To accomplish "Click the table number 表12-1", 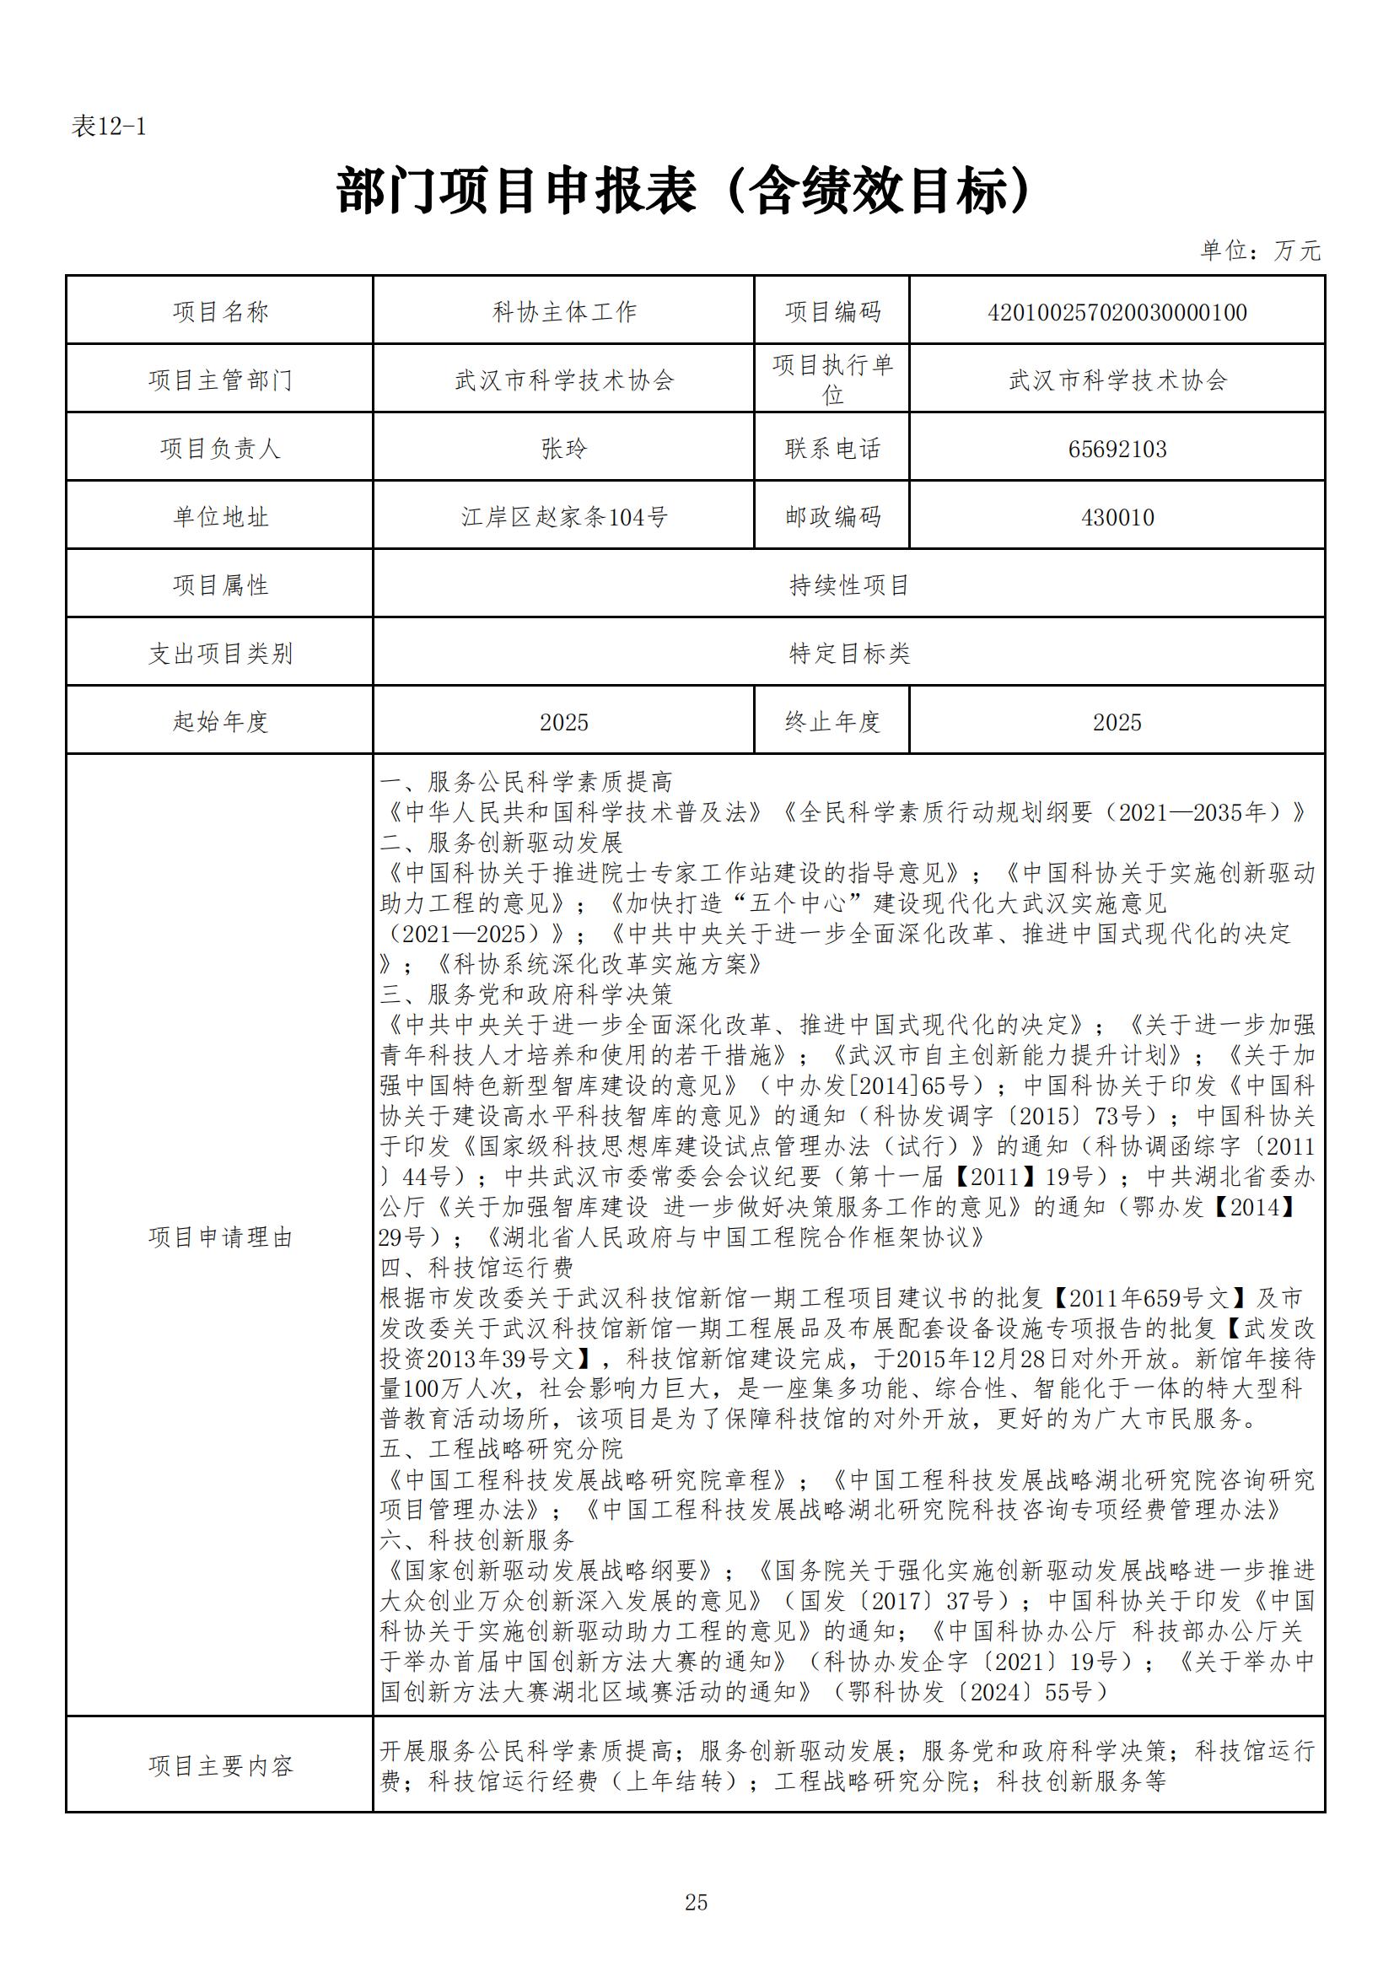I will [109, 127].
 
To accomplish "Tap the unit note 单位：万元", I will [1260, 251].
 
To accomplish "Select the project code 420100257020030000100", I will [1117, 312].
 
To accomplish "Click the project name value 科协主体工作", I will [564, 312].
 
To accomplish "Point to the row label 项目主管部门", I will [221, 380].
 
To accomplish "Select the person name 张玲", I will [564, 449].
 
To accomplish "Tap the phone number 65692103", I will [1117, 449].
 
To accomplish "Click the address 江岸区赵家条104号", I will [564, 517].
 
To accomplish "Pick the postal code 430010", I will [1117, 517].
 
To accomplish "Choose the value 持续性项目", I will [848, 585].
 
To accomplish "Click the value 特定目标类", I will [848, 654].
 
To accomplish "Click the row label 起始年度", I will [221, 721].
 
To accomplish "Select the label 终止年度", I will [832, 721].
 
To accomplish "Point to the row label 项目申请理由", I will [221, 1237].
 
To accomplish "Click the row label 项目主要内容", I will [221, 1766].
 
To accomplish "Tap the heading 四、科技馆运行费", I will [476, 1268].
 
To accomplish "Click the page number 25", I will [696, 1903].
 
